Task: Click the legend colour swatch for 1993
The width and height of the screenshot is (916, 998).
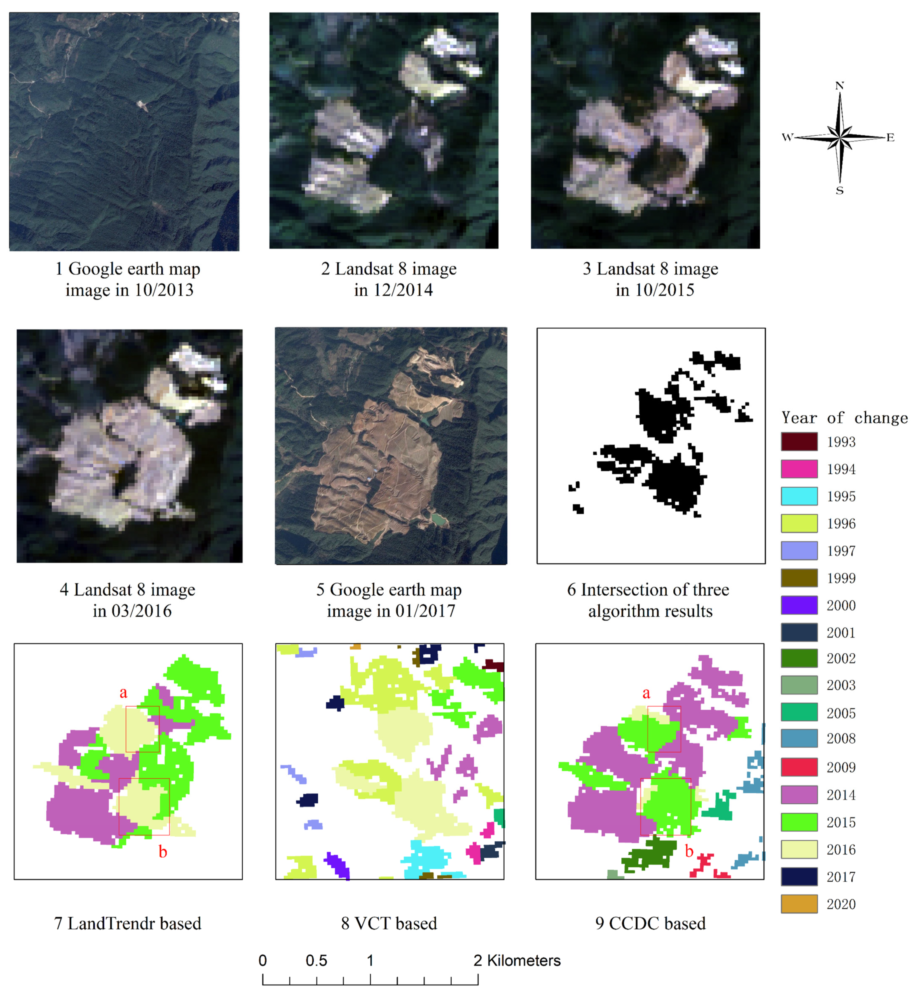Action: pyautogui.click(x=799, y=441)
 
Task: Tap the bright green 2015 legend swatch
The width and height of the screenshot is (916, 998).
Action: pyautogui.click(x=799, y=822)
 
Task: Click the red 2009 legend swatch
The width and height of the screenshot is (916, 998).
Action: pyautogui.click(x=799, y=767)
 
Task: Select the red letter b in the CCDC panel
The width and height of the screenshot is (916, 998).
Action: pyautogui.click(x=689, y=851)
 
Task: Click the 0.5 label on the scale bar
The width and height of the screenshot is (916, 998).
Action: pyautogui.click(x=316, y=961)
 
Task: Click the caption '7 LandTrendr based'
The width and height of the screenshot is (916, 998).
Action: pyautogui.click(x=128, y=923)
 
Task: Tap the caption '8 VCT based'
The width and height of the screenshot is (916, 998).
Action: pyautogui.click(x=389, y=923)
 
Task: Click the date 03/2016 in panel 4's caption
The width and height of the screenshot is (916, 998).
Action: pyautogui.click(x=141, y=611)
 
